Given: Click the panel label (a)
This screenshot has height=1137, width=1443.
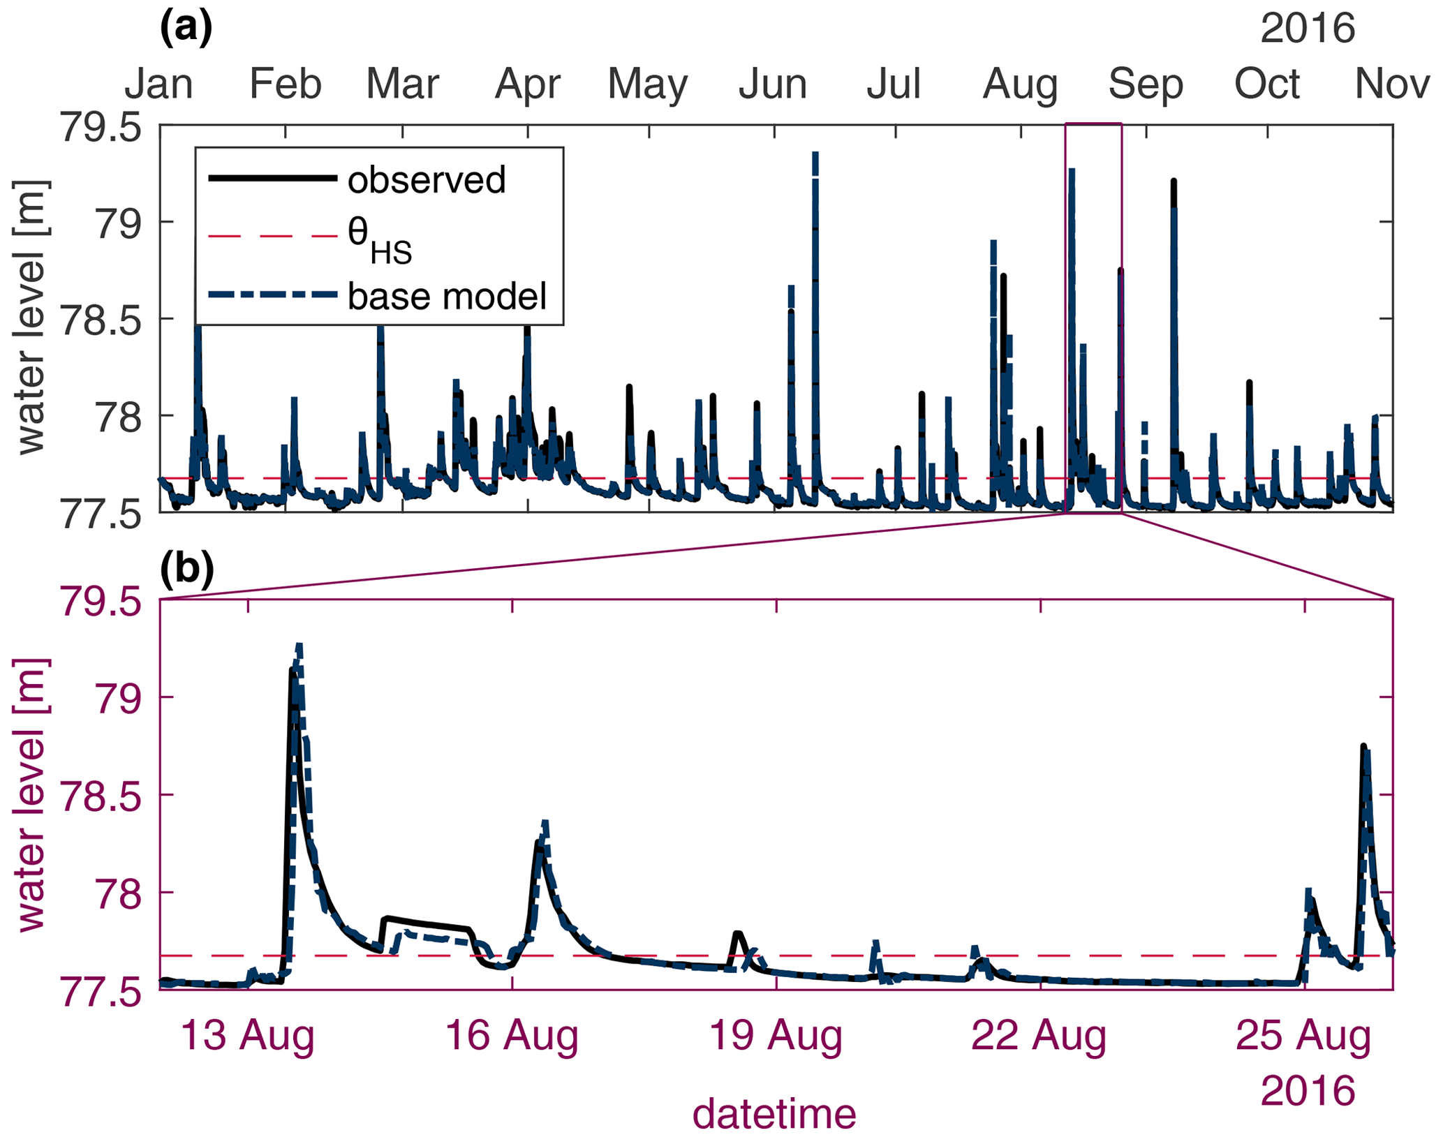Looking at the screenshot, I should pyautogui.click(x=186, y=29).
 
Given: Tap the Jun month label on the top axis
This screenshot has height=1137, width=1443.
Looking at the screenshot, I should pyautogui.click(x=773, y=84).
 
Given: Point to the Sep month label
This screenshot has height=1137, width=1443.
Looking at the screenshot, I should pyautogui.click(x=1146, y=84).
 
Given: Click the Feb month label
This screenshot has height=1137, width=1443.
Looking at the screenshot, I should pyautogui.click(x=286, y=84).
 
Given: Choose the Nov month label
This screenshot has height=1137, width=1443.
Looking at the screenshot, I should pyautogui.click(x=1392, y=84).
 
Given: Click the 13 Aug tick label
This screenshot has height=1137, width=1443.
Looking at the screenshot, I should pyautogui.click(x=248, y=1036).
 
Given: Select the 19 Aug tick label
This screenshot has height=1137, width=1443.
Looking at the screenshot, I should pyautogui.click(x=776, y=1036).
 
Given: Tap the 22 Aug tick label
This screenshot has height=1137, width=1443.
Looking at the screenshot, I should pyautogui.click(x=1039, y=1036).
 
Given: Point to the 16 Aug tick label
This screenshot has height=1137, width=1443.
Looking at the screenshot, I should pyautogui.click(x=512, y=1036).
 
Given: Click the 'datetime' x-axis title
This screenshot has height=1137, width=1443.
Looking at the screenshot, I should pyautogui.click(x=774, y=1113).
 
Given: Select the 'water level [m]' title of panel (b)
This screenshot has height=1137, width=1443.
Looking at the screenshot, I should pyautogui.click(x=31, y=794).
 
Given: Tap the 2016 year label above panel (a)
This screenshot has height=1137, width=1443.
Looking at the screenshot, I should pyautogui.click(x=1307, y=29).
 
